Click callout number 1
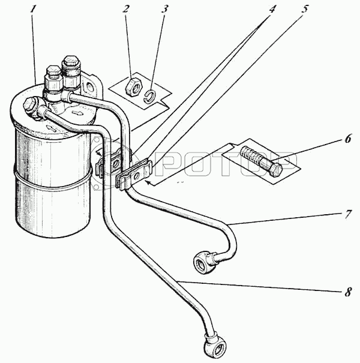33,10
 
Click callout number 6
348,139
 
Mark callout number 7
348,214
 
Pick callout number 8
348,292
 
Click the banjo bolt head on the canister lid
29,104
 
